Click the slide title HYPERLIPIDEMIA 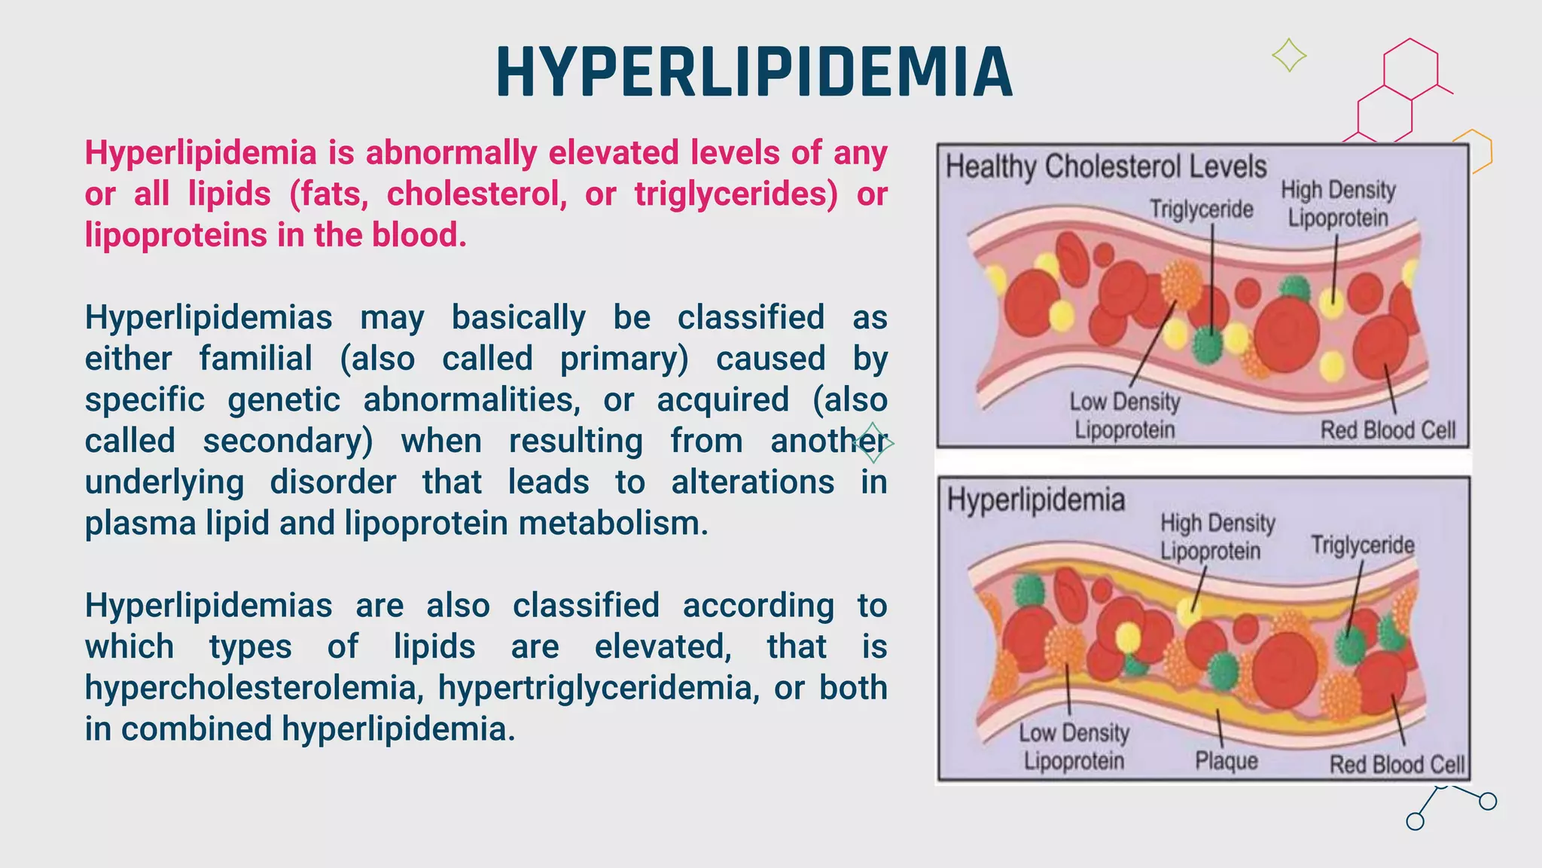pos(754,72)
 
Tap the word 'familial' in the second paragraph pos(255,359)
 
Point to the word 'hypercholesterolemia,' pos(254,689)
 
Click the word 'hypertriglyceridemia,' pos(599,689)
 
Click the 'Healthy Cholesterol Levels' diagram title pos(1106,167)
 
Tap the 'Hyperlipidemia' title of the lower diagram pos(1035,500)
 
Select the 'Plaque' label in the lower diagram pos(1227,761)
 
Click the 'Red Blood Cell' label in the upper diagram pos(1388,430)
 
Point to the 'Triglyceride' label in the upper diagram pos(1201,209)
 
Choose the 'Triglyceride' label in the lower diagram pos(1363,545)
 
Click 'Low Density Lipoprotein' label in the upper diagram pos(1124,416)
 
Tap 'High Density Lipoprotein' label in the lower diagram pos(1217,536)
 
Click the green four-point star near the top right pos(1289,55)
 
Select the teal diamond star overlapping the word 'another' pos(874,443)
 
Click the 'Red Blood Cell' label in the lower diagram pos(1397,765)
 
